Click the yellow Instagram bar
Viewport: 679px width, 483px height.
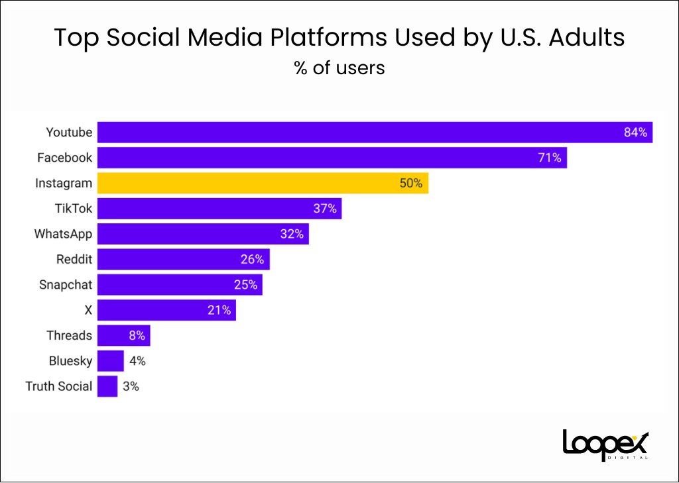[263, 183]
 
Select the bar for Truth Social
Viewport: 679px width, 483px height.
[107, 386]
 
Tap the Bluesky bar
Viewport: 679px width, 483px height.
[110, 361]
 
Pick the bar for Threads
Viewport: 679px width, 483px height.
[123, 335]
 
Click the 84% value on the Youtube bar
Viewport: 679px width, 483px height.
[635, 133]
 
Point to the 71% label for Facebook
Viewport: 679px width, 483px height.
[549, 158]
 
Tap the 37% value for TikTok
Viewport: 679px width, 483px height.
[325, 209]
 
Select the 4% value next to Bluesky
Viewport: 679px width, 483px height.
[137, 361]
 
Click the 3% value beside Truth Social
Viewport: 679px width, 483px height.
[131, 386]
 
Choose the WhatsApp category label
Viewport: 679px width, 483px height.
[63, 234]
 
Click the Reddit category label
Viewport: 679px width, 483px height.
[74, 259]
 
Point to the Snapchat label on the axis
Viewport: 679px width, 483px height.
[66, 285]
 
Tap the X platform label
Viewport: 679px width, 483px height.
[88, 310]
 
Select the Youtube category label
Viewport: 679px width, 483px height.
[69, 133]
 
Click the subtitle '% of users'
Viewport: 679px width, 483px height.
[339, 68]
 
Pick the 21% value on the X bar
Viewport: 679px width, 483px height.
[219, 310]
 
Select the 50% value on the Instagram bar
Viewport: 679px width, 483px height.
[410, 183]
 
